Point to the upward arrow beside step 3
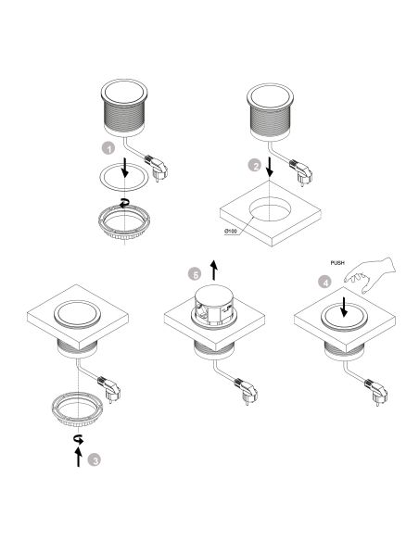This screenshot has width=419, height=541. [x=79, y=455]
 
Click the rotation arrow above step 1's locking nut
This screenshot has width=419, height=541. [x=123, y=204]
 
